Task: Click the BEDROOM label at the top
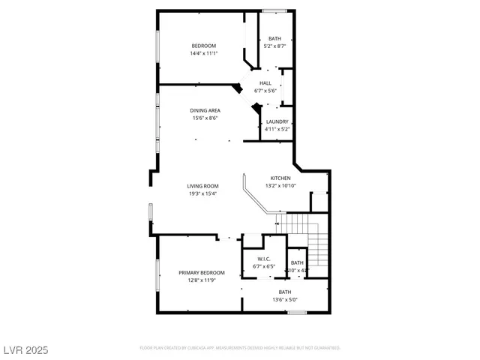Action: [x=203, y=46]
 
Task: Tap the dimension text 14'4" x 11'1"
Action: [x=203, y=53]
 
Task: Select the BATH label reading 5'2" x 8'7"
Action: [x=275, y=39]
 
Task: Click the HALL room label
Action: [x=265, y=83]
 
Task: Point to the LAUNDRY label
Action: [x=276, y=121]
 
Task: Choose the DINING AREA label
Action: [x=205, y=110]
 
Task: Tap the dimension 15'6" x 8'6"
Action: [x=205, y=118]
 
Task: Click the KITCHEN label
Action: [x=280, y=178]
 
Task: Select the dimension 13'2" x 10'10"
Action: [x=280, y=185]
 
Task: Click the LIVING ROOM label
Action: [x=202, y=186]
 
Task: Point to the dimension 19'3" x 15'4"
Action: [x=202, y=193]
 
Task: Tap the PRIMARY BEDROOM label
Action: [x=201, y=272]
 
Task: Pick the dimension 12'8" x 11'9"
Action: [x=201, y=280]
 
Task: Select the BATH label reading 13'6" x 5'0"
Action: [x=285, y=292]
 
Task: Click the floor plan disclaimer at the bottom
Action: [x=240, y=348]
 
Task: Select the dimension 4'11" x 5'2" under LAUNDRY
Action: [x=276, y=129]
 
